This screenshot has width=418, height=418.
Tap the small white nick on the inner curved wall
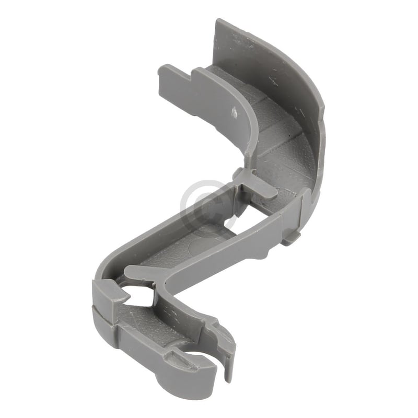pos(235,111)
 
